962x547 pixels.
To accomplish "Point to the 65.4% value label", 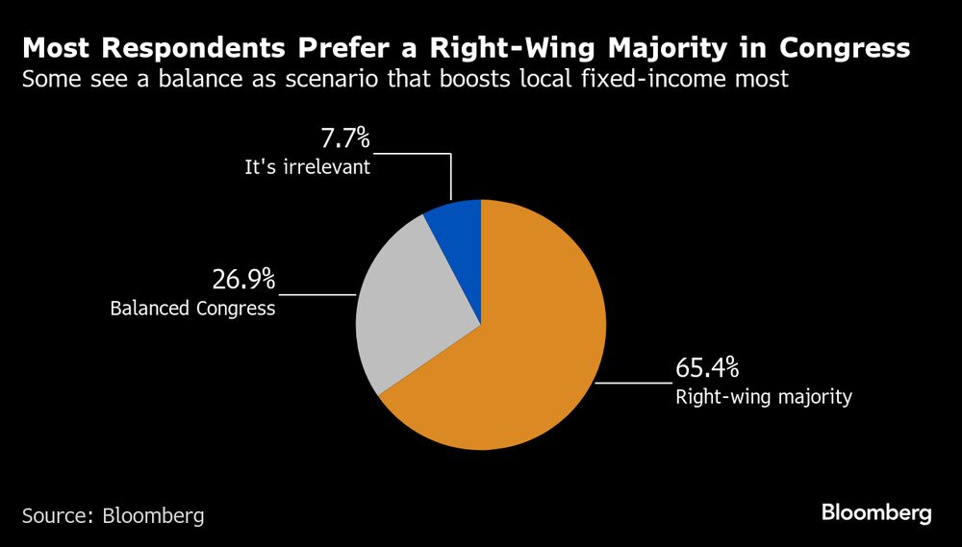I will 707,368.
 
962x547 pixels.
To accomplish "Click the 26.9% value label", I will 243,280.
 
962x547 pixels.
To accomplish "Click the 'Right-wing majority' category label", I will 764,396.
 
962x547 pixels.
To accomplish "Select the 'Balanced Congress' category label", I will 192,309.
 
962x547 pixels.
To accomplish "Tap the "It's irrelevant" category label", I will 307,167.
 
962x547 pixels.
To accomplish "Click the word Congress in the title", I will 845,47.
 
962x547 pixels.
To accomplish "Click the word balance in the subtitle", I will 204,79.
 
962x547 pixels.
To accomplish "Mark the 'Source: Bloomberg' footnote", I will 114,515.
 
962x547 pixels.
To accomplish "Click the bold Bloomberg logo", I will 876,512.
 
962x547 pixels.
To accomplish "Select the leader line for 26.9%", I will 317,294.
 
